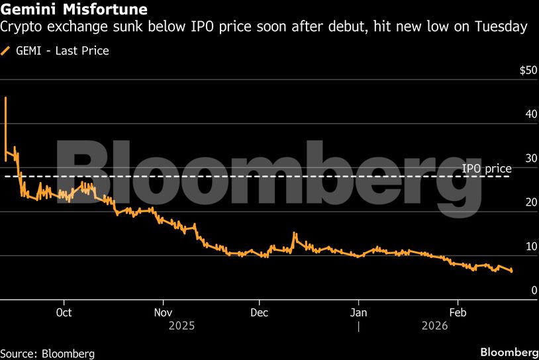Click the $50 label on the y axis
(x=528, y=71)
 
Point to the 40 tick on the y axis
(x=530, y=114)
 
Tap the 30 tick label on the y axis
(x=530, y=159)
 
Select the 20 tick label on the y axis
(x=530, y=202)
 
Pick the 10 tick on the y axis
(x=530, y=247)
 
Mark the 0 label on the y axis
(x=533, y=291)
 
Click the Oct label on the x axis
(x=64, y=312)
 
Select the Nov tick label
(x=163, y=312)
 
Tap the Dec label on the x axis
(x=259, y=312)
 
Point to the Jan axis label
(x=358, y=312)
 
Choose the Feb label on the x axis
(x=456, y=312)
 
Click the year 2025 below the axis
(x=182, y=326)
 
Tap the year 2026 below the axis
(x=434, y=326)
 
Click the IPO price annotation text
(x=487, y=169)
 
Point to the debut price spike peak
(x=5, y=98)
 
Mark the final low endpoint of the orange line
(x=511, y=271)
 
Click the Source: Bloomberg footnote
(x=48, y=353)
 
